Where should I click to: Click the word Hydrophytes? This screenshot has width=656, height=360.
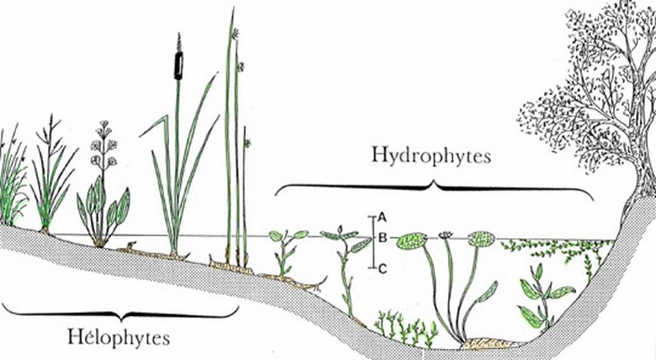(x=431, y=156)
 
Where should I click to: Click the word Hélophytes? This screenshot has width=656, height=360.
(x=119, y=337)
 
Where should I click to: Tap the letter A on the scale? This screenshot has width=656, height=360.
(x=382, y=217)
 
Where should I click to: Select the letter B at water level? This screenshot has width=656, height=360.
(x=382, y=239)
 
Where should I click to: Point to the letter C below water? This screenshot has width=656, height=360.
(x=383, y=269)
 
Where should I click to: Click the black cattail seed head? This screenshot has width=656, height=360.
(x=178, y=66)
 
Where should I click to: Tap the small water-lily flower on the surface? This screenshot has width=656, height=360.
(x=446, y=236)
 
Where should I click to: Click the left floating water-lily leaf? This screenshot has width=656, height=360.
(x=411, y=241)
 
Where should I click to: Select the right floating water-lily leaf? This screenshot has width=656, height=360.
(x=481, y=239)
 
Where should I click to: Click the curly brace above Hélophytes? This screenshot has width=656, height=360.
(x=120, y=312)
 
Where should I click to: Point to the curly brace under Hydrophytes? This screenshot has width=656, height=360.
(x=434, y=188)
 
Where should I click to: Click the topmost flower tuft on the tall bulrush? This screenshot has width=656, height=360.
(x=236, y=33)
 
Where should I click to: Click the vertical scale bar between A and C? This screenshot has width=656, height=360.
(x=373, y=242)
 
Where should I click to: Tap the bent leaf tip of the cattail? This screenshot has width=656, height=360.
(x=155, y=124)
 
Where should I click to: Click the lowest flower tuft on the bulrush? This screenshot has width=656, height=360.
(x=247, y=143)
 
